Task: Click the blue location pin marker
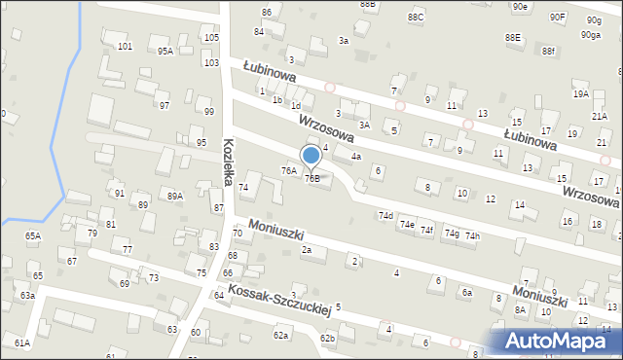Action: click(311, 156)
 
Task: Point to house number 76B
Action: click(311, 178)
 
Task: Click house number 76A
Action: click(288, 170)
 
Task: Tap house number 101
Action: click(125, 47)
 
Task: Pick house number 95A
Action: click(165, 52)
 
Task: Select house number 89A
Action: click(175, 196)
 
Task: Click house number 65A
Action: click(33, 235)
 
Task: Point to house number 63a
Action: click(27, 295)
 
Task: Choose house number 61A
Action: click(21, 342)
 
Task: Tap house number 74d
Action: click(385, 215)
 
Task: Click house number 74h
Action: click(472, 236)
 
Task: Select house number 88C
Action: click(416, 18)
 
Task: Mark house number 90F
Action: click(557, 17)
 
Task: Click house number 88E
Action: click(512, 37)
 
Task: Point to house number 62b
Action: click(328, 339)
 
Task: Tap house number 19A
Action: click(581, 93)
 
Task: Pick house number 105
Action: click(211, 37)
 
